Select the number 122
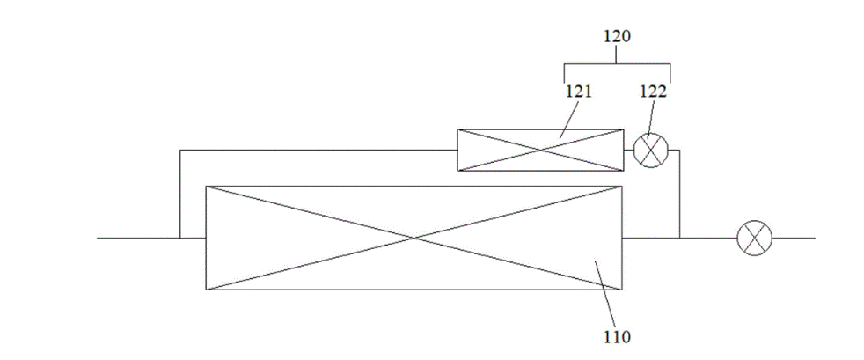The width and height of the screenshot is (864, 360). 653,91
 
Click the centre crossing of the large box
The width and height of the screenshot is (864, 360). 414,238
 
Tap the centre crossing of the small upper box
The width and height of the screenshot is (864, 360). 541,151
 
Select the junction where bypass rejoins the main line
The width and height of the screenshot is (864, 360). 680,238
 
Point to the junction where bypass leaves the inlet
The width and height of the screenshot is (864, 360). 179,238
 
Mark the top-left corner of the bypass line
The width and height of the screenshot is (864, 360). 179,151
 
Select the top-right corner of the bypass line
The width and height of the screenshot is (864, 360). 680,151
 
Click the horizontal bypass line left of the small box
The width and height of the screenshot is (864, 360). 317,151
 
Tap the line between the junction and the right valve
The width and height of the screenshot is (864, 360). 708,238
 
